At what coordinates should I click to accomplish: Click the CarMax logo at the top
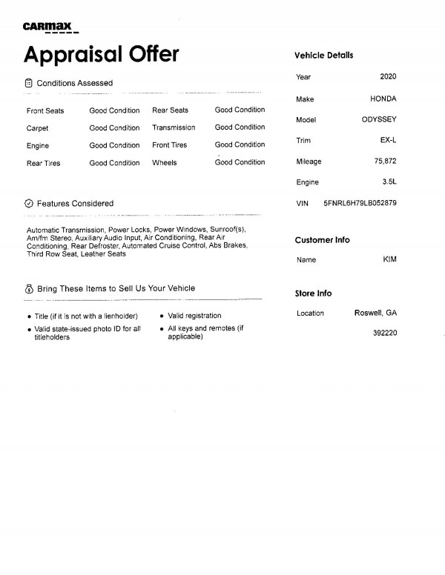(x=50, y=28)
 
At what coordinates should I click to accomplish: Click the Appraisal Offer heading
(x=102, y=54)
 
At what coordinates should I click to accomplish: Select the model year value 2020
(x=387, y=77)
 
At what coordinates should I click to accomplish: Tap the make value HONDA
(x=383, y=99)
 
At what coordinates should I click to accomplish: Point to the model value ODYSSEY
(x=378, y=119)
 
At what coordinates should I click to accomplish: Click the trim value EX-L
(x=386, y=140)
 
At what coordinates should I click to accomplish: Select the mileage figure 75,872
(x=385, y=161)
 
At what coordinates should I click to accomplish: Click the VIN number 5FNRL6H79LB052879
(x=360, y=202)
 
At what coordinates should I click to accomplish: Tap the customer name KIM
(x=389, y=260)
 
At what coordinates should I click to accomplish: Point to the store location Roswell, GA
(x=375, y=313)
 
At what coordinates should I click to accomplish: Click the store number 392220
(x=385, y=333)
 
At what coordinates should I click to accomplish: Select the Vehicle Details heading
(x=323, y=56)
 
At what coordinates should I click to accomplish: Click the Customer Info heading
(x=322, y=240)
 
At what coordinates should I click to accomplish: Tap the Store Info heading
(x=313, y=293)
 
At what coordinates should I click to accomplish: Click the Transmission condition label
(x=174, y=127)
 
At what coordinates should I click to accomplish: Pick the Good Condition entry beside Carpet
(x=114, y=128)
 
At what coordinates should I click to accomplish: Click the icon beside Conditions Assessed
(x=29, y=83)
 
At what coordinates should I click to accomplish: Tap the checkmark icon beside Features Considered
(x=29, y=203)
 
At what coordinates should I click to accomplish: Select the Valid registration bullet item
(x=194, y=316)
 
